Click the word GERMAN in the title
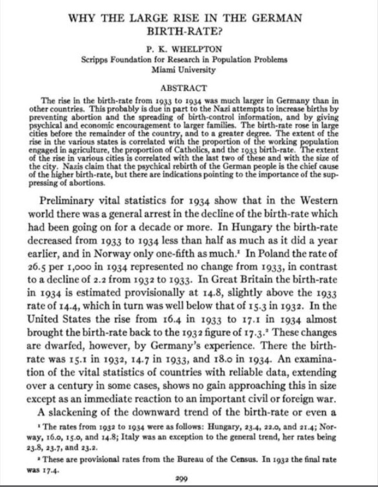click(x=275, y=18)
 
